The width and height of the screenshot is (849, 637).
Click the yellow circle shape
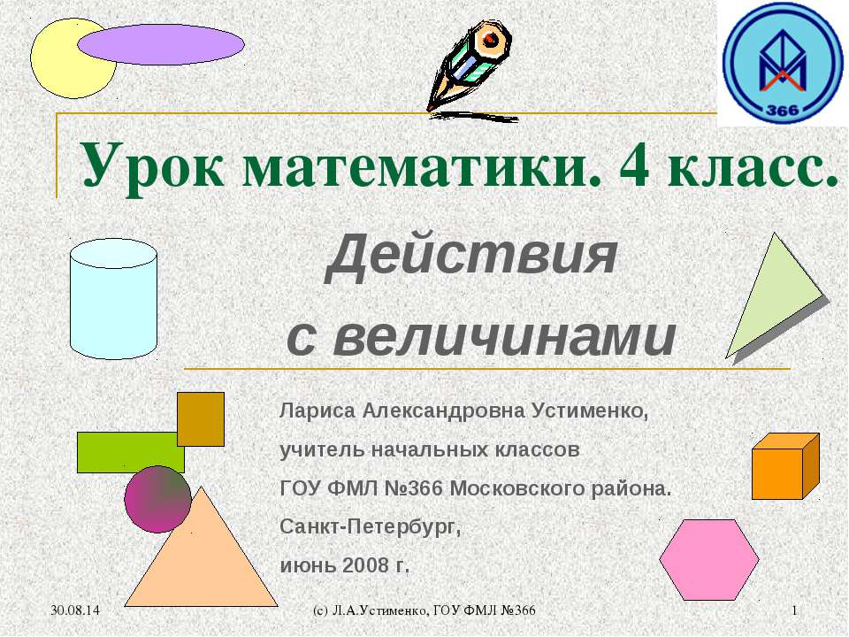point(62,62)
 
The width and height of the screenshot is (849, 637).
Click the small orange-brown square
point(201,418)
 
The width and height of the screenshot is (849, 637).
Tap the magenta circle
point(157,499)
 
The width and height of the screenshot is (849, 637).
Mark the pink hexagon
point(709,559)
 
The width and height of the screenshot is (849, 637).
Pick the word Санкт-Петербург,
point(371,526)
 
